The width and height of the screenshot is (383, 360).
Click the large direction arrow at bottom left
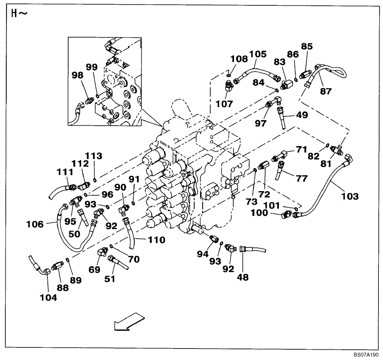(129, 321)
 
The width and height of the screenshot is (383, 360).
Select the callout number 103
(350, 196)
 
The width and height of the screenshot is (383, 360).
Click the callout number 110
(156, 240)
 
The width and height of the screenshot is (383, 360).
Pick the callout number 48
(243, 278)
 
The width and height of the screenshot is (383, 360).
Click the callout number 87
(326, 92)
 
